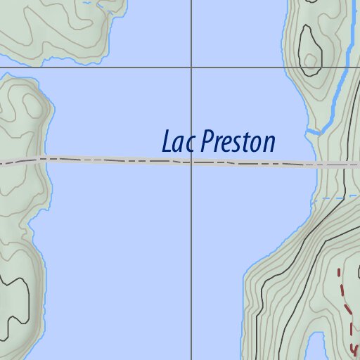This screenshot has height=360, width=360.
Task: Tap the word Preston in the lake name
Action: tap(237, 142)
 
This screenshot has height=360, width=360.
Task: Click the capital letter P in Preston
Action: tap(206, 142)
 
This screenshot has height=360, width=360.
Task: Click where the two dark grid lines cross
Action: tap(192, 67)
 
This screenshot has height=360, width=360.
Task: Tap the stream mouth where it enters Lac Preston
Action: tap(309, 131)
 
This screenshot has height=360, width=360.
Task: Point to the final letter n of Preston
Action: tap(268, 143)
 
